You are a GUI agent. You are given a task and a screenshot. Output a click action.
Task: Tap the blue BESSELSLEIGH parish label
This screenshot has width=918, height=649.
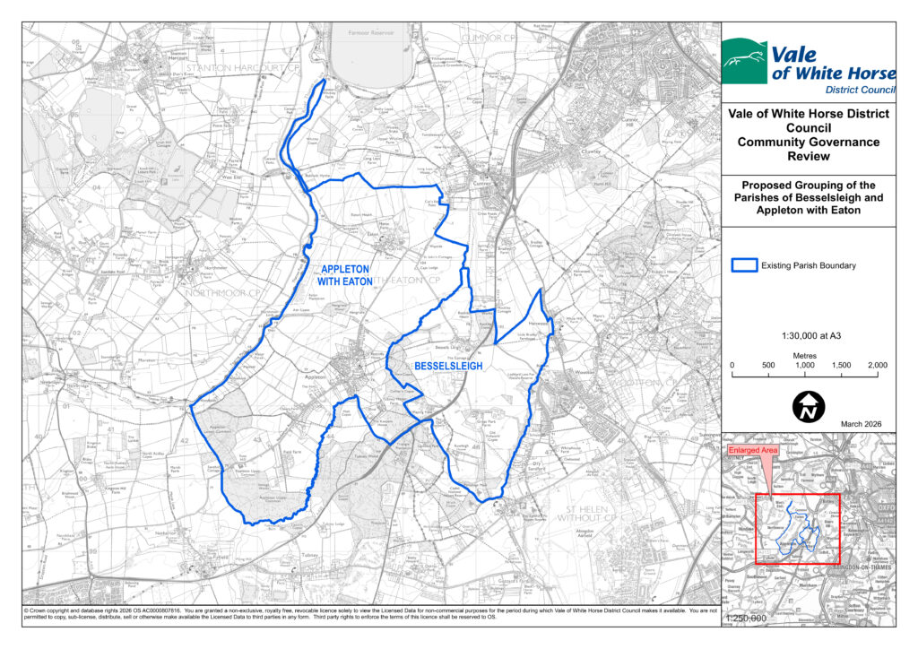coord(447,367)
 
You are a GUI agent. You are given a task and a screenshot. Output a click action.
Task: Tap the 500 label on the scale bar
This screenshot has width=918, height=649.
coord(768,365)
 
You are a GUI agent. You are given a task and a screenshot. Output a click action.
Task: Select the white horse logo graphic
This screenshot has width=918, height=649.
coord(745,61)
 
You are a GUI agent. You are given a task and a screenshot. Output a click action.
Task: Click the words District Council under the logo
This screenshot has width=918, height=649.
coord(860,91)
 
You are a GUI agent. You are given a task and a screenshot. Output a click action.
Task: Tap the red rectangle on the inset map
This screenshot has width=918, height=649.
coord(797,528)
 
